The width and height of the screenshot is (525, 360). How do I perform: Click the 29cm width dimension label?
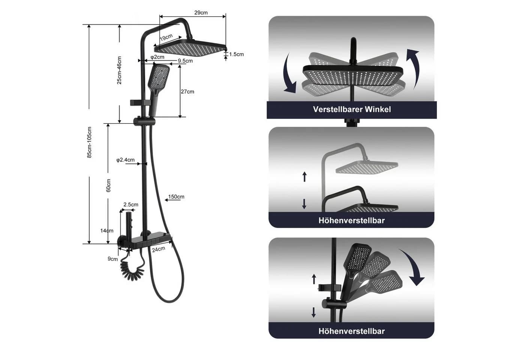click(201, 13)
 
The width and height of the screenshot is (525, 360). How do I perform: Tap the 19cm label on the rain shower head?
click(166, 37)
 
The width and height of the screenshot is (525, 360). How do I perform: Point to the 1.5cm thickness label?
click(236, 54)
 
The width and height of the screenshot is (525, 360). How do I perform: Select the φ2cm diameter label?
click(157, 57)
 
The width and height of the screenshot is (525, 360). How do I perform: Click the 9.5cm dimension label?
click(185, 61)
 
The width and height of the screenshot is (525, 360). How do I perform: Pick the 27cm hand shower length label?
click(187, 91)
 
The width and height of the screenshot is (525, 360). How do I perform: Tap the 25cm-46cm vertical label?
click(119, 70)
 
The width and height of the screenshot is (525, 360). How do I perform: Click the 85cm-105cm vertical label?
click(89, 142)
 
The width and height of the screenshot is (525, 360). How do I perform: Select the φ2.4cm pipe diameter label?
click(125, 160)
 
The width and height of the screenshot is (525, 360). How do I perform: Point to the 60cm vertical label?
click(108, 186)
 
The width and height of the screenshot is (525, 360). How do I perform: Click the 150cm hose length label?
click(176, 196)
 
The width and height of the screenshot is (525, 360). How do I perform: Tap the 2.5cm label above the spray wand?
click(131, 205)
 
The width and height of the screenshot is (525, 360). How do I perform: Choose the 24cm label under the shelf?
click(158, 249)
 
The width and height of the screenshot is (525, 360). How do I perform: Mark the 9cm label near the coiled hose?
click(112, 259)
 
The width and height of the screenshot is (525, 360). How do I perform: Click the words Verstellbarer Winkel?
click(352, 109)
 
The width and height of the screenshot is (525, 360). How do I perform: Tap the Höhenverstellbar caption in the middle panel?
click(352, 220)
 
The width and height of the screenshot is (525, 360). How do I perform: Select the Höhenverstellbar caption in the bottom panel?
click(352, 331)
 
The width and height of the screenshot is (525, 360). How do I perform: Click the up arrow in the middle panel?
click(304, 177)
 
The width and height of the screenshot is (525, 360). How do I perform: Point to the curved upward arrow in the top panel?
click(413, 68)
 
